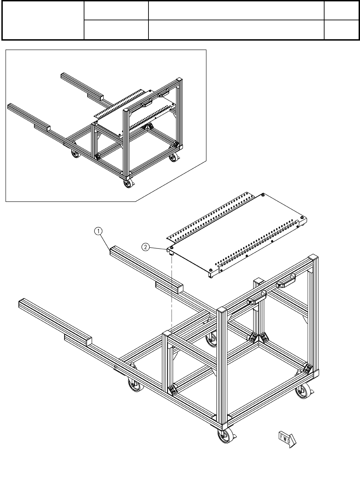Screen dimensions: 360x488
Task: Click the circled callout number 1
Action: tap(98, 231)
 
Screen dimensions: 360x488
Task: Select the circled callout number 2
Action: tap(146, 247)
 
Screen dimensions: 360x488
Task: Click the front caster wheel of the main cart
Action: tap(225, 435)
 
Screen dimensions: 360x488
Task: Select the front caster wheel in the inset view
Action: tap(128, 183)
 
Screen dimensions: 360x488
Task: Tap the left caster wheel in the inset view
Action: tap(75, 153)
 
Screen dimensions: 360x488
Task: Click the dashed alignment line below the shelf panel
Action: tap(172, 294)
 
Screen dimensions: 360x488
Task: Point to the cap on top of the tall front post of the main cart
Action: tap(222, 309)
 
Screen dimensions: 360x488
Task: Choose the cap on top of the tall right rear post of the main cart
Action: tap(313, 257)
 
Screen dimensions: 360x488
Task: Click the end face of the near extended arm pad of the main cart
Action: tap(89, 342)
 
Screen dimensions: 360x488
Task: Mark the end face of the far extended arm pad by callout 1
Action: tap(180, 289)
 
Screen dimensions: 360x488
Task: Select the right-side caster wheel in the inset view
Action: tap(173, 157)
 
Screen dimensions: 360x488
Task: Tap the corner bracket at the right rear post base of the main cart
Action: tap(308, 368)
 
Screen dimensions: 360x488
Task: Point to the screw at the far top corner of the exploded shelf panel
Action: tap(263, 194)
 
